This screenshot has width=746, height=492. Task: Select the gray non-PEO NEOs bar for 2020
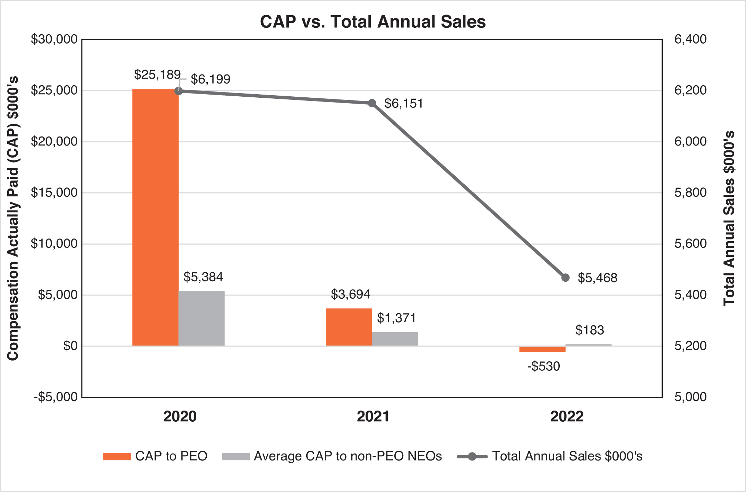(x=201, y=318)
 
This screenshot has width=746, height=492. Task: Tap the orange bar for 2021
(x=349, y=327)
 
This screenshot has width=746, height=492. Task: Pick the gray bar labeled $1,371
(x=395, y=339)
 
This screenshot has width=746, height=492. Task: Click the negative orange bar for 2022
(x=542, y=349)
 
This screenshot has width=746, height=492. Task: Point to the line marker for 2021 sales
(x=372, y=103)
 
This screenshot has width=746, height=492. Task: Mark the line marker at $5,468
(x=565, y=278)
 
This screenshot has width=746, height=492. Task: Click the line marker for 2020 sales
(x=178, y=91)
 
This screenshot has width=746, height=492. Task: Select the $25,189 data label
(x=157, y=74)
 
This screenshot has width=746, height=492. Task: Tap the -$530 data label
(x=543, y=366)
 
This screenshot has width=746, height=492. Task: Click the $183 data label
(x=590, y=330)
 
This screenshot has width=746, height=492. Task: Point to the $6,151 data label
(x=404, y=104)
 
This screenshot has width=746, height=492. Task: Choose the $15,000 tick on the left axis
(x=54, y=193)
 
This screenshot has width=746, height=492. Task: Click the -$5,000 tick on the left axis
(x=55, y=397)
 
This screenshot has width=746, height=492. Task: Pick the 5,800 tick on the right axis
(x=690, y=193)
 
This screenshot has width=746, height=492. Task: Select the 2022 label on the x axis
(x=567, y=416)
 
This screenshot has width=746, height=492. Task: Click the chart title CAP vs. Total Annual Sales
(x=373, y=21)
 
